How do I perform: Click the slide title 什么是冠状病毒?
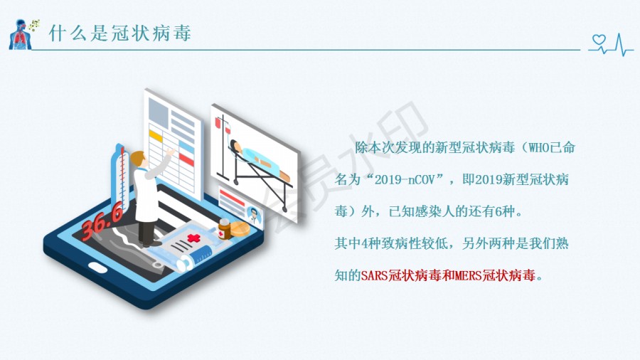click(120, 33)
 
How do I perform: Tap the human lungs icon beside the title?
click(21, 35)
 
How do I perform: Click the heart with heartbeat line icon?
click(611, 44)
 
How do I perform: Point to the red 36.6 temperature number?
click(101, 221)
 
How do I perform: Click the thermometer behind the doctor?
click(121, 176)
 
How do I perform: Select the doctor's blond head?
click(138, 159)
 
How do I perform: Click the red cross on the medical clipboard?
click(193, 238)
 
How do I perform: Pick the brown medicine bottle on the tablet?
click(224, 229)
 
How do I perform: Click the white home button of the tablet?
click(97, 268)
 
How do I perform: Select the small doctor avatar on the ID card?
click(254, 215)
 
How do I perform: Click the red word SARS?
click(374, 275)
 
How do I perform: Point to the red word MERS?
click(468, 275)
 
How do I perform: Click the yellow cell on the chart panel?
click(156, 135)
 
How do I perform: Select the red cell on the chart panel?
click(186, 159)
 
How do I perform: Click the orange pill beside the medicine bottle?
click(240, 229)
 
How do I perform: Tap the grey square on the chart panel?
click(159, 112)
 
